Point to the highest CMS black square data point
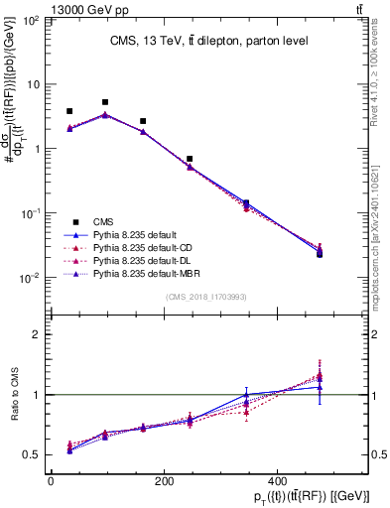[105, 102]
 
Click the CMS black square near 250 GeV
[190, 159]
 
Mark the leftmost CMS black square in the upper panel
[69, 111]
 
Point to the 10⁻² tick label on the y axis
[32, 278]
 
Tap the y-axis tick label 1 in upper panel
[38, 149]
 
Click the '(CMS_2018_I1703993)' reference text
[205, 296]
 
